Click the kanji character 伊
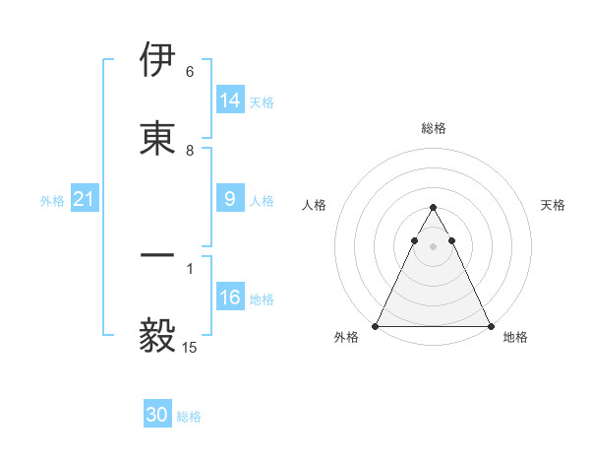tap(157, 60)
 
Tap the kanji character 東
tap(157, 139)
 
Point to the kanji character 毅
tap(157, 336)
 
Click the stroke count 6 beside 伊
tap(189, 72)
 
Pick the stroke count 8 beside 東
tap(189, 151)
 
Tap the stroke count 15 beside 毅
tap(189, 348)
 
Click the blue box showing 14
tap(230, 100)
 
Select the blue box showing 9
tap(230, 199)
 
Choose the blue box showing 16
tap(230, 298)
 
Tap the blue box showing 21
tap(84, 199)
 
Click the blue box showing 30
tap(157, 415)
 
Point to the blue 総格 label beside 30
tap(189, 417)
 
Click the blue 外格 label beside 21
tap(52, 201)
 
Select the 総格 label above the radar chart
tap(433, 128)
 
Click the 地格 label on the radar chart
tap(515, 338)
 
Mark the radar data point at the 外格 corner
tap(376, 326)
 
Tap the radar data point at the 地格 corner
tap(490, 326)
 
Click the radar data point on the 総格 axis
tap(433, 208)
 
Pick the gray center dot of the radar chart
tap(433, 246)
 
